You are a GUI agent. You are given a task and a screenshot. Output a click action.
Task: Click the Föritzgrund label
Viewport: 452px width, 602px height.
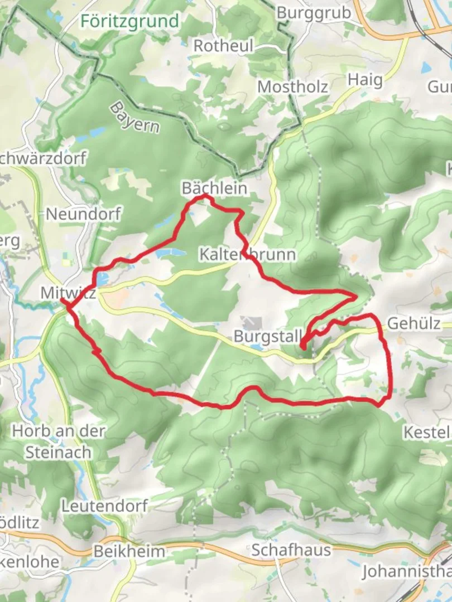click(130, 21)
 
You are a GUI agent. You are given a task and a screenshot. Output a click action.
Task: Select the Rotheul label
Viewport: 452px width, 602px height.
click(223, 46)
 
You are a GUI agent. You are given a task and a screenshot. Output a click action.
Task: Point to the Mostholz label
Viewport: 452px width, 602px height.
click(292, 87)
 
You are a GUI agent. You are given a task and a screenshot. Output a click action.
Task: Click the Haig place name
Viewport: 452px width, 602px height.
click(366, 80)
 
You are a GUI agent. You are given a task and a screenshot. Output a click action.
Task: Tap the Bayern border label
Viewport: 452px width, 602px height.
click(134, 117)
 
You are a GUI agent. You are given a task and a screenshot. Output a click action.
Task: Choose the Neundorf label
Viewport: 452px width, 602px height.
click(83, 214)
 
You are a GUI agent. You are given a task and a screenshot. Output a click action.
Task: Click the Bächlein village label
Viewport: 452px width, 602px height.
click(214, 188)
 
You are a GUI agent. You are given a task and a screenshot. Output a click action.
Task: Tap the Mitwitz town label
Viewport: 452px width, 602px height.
click(68, 293)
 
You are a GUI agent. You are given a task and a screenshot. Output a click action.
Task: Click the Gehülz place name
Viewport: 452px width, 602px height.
click(413, 324)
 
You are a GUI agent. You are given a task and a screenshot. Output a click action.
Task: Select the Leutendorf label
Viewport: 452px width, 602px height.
click(104, 506)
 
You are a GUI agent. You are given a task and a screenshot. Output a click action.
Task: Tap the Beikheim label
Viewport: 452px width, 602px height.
click(129, 551)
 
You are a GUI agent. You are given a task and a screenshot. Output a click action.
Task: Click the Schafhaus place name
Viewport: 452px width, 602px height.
click(291, 550)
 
